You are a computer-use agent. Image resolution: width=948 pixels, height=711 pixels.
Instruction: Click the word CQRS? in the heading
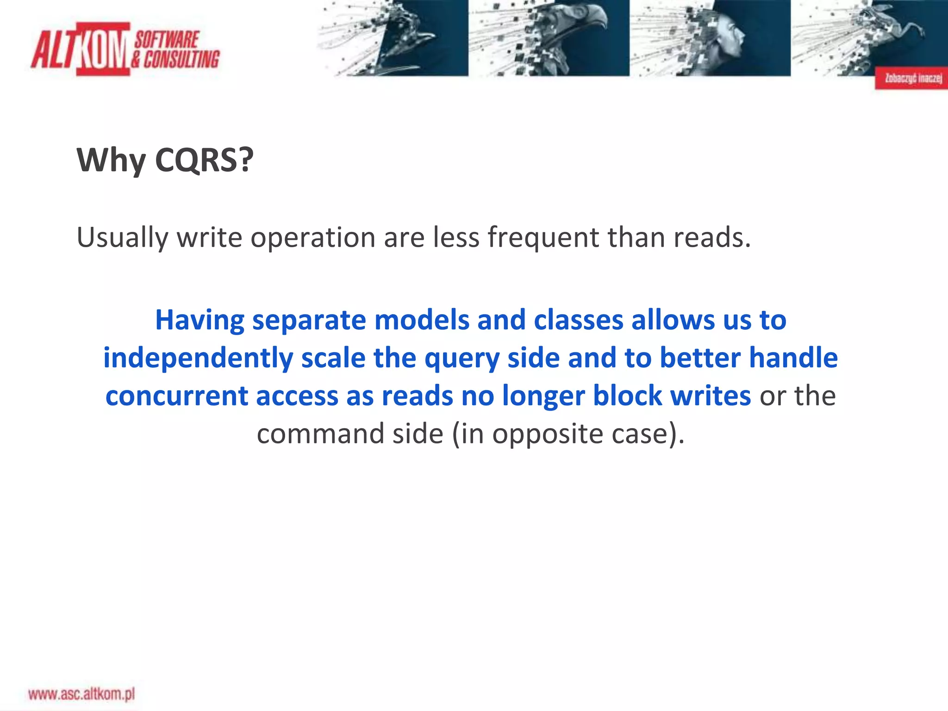click(x=204, y=160)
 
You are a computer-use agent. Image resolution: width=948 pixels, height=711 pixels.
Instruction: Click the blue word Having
click(x=200, y=320)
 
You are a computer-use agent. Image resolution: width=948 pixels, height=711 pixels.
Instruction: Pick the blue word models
click(x=422, y=320)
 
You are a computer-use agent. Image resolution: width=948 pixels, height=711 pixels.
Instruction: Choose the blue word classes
click(x=578, y=320)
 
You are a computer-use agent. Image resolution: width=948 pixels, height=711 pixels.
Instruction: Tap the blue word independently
click(x=198, y=358)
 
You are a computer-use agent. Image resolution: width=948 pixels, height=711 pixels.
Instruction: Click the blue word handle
click(x=793, y=358)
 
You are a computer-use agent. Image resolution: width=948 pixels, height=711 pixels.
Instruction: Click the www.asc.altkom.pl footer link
click(x=81, y=694)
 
